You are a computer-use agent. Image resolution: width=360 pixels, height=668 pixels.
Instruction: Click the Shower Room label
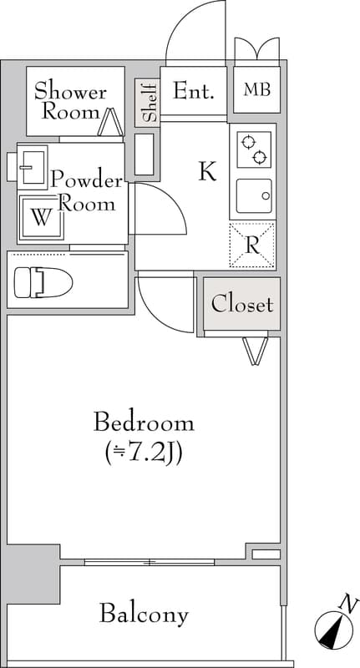coord(70,102)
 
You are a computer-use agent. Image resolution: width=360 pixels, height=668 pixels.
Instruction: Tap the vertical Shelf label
coord(147,103)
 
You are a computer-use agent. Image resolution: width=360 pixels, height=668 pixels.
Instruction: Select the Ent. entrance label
coord(193,90)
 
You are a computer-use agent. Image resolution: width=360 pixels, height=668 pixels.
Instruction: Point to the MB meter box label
coord(257,90)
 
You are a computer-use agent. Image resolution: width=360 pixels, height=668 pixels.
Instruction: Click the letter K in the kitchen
coord(208,171)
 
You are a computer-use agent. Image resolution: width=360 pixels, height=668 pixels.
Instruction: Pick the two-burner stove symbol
coord(254,149)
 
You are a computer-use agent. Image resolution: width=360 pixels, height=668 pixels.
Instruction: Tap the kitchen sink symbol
coord(254,196)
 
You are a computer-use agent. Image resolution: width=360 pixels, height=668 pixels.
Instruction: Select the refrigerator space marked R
coord(252,245)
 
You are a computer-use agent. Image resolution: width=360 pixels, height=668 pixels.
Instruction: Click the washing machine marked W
coord(41,218)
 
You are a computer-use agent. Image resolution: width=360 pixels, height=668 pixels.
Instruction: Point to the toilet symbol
coord(43,282)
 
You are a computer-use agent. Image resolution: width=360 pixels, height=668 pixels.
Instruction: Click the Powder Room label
coord(87,191)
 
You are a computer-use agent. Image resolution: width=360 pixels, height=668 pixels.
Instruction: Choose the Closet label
coord(242,305)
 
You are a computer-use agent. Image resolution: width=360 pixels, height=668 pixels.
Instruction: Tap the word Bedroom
coord(144,423)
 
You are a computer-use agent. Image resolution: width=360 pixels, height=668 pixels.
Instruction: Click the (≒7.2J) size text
coord(144,454)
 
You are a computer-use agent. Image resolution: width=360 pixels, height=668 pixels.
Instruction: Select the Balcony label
coord(144,615)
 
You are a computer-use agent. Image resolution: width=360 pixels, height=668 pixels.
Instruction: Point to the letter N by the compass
coord(348,603)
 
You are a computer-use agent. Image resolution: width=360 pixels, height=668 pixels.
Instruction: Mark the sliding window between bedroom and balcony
coord(150,562)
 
